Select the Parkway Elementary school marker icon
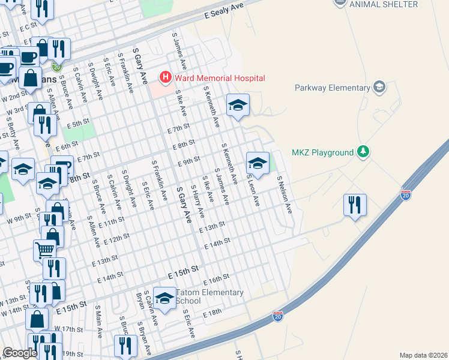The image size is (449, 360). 379,88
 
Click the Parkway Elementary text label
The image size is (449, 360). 332,88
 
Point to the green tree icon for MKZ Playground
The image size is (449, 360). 363,152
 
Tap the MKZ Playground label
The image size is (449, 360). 322,152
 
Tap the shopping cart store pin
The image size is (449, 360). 44,248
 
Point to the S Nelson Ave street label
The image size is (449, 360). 284,194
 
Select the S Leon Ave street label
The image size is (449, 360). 252,191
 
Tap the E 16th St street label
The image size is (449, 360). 217,280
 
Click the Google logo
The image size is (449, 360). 20,353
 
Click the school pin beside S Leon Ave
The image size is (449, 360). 257,163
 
